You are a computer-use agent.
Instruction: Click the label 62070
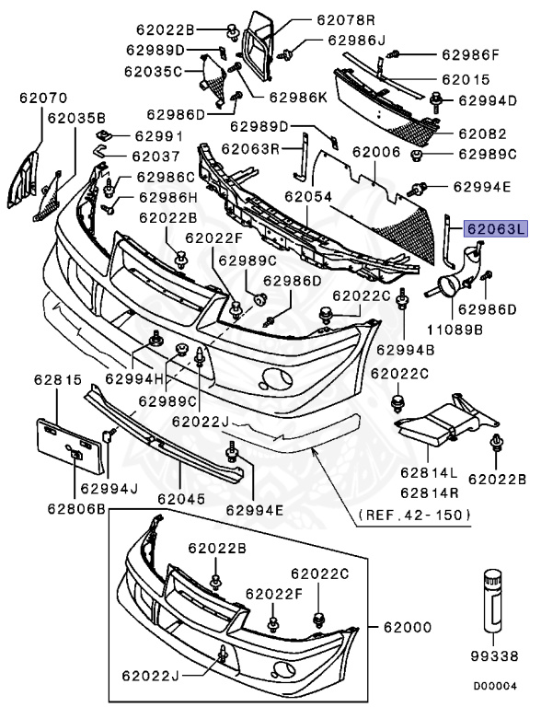click(x=40, y=96)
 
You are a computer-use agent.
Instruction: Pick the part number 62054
click(x=307, y=197)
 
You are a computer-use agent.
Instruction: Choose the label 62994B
click(x=405, y=349)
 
